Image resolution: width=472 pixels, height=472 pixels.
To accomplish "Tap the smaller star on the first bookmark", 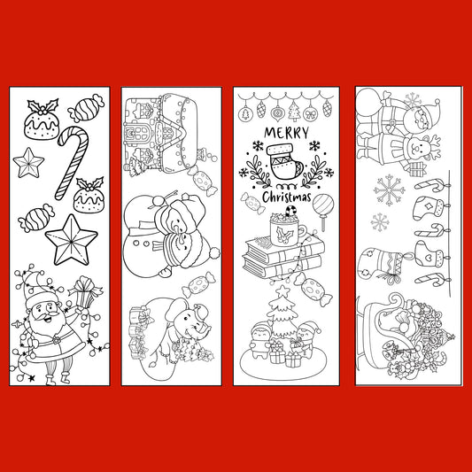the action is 28,163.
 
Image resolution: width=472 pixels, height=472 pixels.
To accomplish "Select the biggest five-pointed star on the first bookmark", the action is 72,241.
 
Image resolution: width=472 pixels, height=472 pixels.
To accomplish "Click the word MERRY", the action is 286,133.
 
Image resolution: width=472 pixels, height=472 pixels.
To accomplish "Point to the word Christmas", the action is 286,197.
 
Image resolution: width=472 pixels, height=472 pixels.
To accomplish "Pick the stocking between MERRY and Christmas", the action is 285,162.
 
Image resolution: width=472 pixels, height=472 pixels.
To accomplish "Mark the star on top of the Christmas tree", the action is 282,291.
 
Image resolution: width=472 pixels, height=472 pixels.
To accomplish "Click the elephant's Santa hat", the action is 201,311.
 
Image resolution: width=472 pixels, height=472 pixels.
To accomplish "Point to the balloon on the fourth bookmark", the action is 368,103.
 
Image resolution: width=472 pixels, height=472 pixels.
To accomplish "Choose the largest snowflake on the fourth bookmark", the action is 390,190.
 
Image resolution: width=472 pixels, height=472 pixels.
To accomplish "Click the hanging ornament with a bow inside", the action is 310,113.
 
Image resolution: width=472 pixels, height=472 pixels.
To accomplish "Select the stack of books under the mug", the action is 283,257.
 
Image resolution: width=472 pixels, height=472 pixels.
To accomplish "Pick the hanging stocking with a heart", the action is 429,254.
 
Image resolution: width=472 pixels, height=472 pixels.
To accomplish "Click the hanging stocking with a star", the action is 428,208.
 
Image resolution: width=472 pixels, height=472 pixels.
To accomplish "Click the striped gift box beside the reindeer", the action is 418,169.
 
